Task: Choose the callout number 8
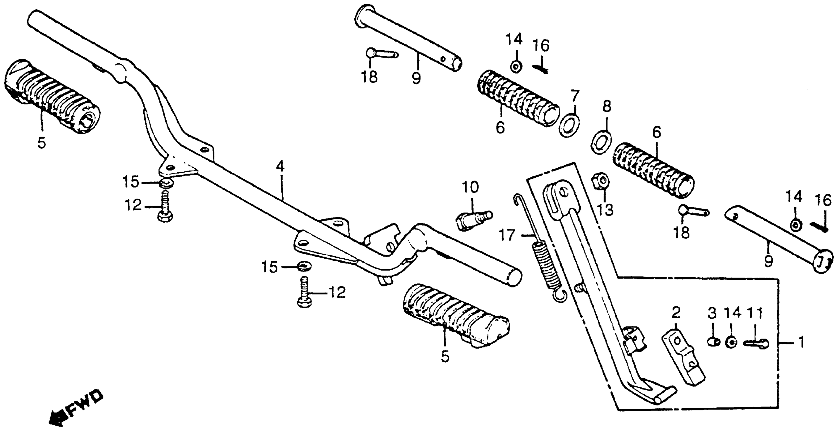606,106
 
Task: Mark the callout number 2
676,312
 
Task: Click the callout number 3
712,313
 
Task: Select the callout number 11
754,313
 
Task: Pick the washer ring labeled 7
569,125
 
